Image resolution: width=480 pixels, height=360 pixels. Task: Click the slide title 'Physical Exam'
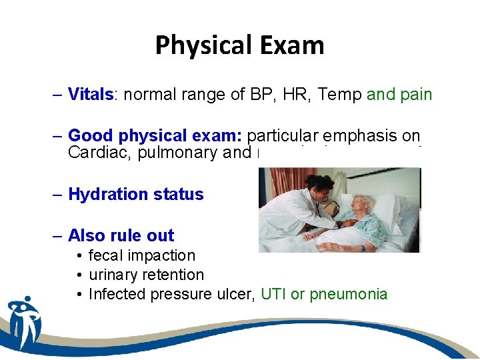pos(239,45)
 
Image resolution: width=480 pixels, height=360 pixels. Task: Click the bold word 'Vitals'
pos(90,95)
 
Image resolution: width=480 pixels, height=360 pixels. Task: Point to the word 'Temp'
pos(339,95)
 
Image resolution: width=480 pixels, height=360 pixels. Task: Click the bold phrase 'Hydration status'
pos(135,194)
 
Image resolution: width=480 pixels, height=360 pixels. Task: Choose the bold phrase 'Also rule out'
pos(121,235)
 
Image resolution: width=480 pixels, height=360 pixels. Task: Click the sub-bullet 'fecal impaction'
pos(141,255)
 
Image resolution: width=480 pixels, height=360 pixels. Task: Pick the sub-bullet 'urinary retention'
pos(146,275)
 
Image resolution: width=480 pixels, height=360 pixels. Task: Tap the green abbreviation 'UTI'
pos(273,294)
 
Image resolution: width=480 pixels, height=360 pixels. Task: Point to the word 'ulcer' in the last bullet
pos(235,294)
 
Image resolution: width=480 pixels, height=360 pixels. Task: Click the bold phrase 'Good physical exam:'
pos(156,136)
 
